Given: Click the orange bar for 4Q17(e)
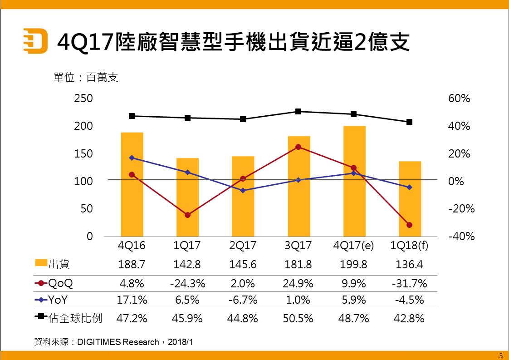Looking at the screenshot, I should pyautogui.click(x=354, y=182).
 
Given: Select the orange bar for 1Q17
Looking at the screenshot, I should pyautogui.click(x=187, y=197).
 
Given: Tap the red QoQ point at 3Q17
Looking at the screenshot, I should pyautogui.click(x=299, y=147).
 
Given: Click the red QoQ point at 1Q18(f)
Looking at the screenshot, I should pyautogui.click(x=410, y=225).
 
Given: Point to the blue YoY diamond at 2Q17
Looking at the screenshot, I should pyautogui.click(x=243, y=191).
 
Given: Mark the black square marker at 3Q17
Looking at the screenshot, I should pyautogui.click(x=299, y=111).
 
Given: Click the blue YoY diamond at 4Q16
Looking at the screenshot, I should pyautogui.click(x=132, y=158).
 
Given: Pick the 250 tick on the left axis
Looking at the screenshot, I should pyautogui.click(x=83, y=99).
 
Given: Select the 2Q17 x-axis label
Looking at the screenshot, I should pyautogui.click(x=243, y=246).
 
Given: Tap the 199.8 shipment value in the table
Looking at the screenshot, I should pyautogui.click(x=354, y=264).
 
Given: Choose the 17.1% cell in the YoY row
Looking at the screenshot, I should pyautogui.click(x=132, y=300).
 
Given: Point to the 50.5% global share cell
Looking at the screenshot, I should pyautogui.click(x=298, y=318).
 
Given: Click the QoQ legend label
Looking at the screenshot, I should pyautogui.click(x=60, y=283).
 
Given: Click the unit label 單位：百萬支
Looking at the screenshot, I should pyautogui.click(x=86, y=78).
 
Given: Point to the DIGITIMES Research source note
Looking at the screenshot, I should pyautogui.click(x=113, y=342).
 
